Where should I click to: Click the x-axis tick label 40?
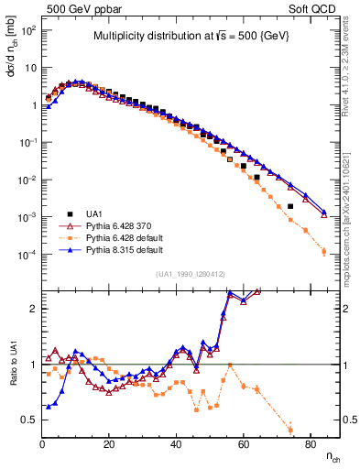[x=176, y=444]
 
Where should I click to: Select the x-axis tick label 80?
[x=310, y=444]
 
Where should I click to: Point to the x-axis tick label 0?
[x=42, y=444]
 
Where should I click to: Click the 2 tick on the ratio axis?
[x=33, y=309]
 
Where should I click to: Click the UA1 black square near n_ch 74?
[x=289, y=206]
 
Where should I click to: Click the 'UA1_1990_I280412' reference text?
[x=191, y=274]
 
